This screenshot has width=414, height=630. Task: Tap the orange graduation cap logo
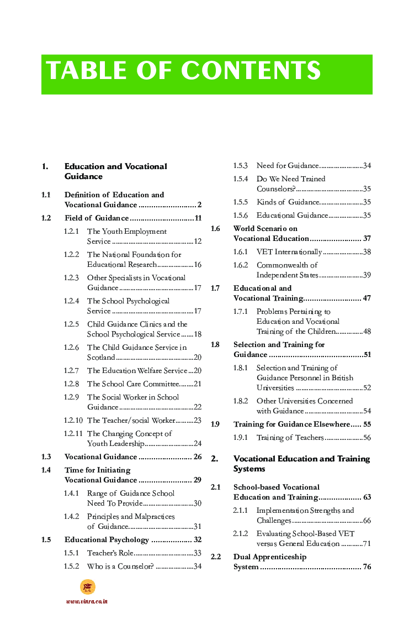coord(87,587)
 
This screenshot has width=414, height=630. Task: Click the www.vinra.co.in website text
coord(87,601)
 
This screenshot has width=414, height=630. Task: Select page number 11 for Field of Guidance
coord(198,218)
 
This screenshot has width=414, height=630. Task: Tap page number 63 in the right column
coord(367,497)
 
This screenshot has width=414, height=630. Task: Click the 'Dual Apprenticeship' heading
coord(269,557)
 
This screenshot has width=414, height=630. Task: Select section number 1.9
coord(215,424)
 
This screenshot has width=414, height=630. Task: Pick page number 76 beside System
coord(367,567)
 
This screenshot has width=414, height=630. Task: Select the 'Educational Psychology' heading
coord(107,540)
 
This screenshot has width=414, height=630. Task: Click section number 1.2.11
coord(73,434)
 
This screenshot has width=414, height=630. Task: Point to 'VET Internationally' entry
coord(289,252)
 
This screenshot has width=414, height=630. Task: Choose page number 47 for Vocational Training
coord(367,298)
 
